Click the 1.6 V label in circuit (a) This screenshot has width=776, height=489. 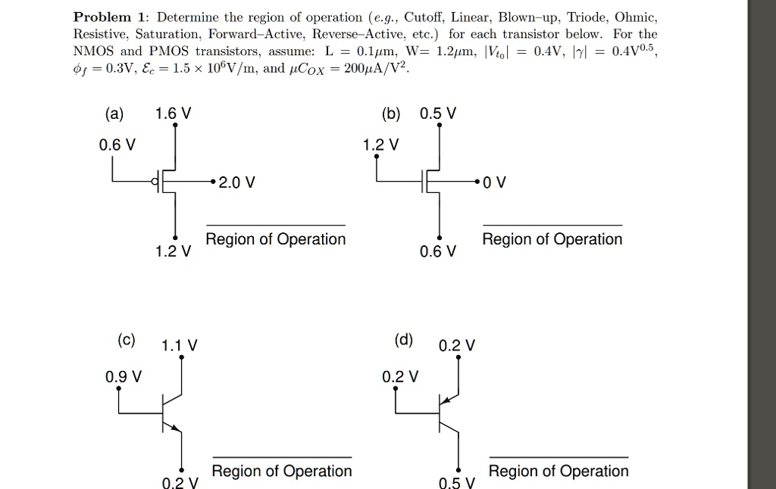point(173,114)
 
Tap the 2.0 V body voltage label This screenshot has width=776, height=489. point(236,182)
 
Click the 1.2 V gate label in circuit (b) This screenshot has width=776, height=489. point(380,145)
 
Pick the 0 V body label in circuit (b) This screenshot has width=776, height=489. point(495,182)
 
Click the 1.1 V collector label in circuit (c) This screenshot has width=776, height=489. point(180,346)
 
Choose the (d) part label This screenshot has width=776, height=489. point(404,339)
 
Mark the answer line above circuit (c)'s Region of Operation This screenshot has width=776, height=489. point(282,457)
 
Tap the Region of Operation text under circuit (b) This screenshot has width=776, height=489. point(552,239)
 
